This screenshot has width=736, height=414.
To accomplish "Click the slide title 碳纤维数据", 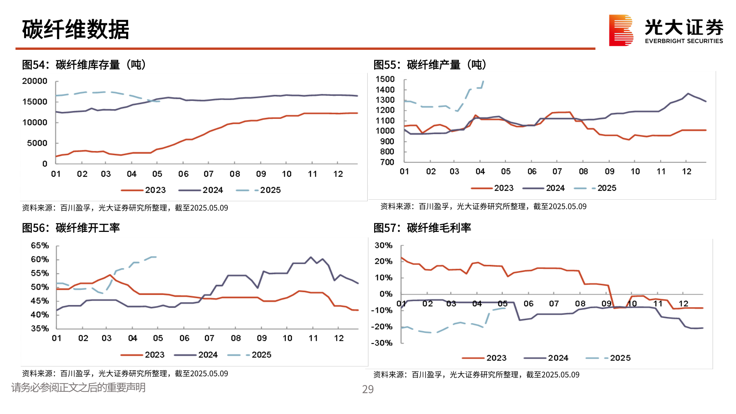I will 76,30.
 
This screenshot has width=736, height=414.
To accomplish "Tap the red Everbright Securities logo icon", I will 621,30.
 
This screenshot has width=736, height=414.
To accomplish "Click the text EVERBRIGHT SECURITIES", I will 683,41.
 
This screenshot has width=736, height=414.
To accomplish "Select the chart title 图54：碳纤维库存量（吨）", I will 84,65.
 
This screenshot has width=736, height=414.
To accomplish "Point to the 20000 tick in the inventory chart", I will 35,81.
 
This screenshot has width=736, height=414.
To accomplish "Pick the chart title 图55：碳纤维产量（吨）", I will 430,65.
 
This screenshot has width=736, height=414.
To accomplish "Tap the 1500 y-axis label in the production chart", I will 385,79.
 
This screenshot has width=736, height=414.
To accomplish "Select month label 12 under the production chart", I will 686,172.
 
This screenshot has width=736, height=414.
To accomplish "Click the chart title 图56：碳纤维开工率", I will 71,228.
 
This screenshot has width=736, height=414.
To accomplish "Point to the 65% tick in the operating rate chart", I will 40,246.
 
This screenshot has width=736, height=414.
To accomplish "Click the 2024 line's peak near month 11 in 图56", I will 310,257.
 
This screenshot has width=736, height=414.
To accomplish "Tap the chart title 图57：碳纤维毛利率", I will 422,228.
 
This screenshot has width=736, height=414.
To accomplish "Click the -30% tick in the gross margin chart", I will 382,343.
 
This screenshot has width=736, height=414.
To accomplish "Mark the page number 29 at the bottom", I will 368,389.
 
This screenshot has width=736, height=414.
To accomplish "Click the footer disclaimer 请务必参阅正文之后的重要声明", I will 78,388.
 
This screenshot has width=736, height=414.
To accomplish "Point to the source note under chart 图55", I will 483,207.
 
